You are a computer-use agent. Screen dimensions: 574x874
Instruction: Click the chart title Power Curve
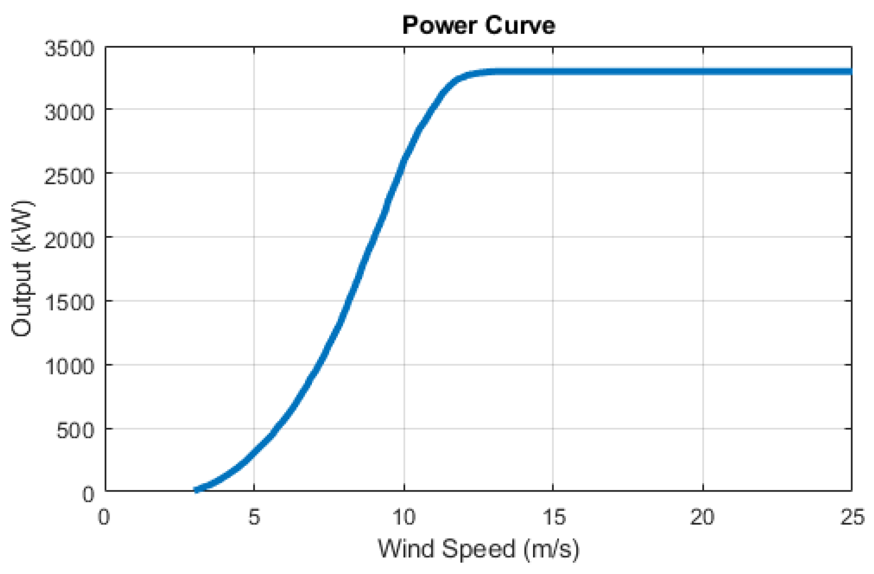tap(478, 25)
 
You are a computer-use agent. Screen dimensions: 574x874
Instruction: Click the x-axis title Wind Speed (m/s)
tap(478, 549)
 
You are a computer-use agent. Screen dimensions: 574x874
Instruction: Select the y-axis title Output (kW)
tap(22, 269)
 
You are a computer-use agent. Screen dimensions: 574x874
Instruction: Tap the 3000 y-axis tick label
tap(69, 112)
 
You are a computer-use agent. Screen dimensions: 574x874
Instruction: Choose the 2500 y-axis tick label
tap(69, 177)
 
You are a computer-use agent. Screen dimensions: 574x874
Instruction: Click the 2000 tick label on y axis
tap(69, 240)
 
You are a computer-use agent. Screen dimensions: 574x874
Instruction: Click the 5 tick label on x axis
tap(254, 518)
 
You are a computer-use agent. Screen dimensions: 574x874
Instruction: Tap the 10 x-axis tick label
tap(403, 518)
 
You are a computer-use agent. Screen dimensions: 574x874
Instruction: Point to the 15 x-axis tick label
tap(553, 518)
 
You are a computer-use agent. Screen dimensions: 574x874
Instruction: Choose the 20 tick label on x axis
tap(702, 518)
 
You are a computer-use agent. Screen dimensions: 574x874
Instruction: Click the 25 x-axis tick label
tap(852, 518)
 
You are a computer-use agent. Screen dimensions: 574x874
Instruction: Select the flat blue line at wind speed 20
tap(703, 72)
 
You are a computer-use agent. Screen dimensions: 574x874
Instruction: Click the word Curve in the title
tap(519, 25)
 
